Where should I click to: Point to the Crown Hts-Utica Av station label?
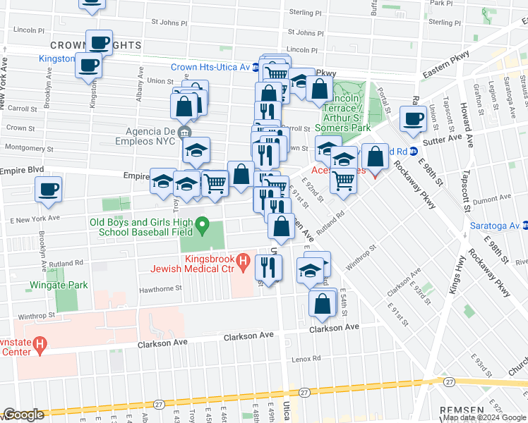coord(210,68)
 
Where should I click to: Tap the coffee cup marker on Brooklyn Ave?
coord(48,190)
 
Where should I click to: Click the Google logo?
coord(23,415)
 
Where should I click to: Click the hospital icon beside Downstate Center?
coord(40,345)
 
